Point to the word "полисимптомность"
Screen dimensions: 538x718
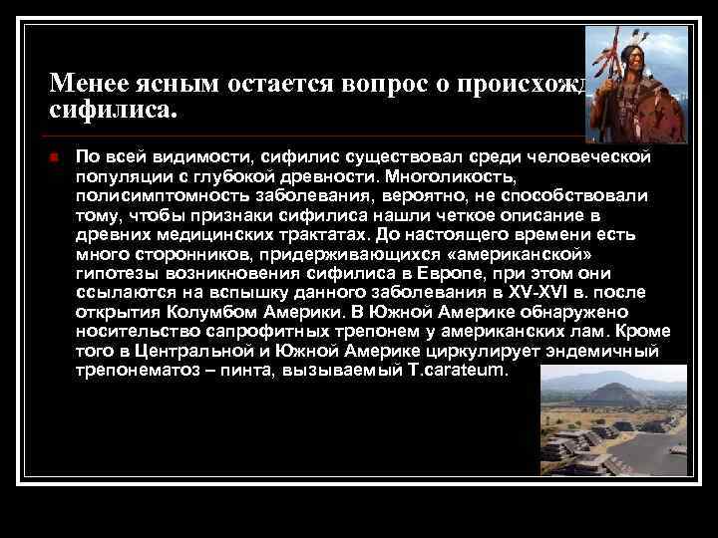156,195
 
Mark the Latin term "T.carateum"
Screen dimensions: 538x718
462,370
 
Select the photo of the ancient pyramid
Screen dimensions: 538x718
613,419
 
